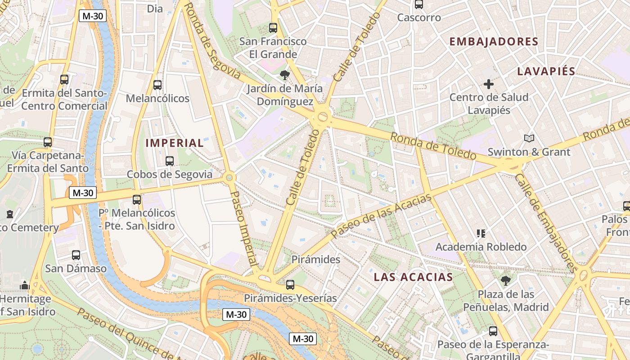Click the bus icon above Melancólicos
click(157, 85)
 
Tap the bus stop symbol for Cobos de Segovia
click(170, 161)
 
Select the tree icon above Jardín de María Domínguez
click(284, 75)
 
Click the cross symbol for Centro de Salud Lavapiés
click(489, 84)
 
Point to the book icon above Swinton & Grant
click(529, 138)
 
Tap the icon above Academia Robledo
click(481, 233)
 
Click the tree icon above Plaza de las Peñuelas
click(506, 281)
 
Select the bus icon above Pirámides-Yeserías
click(290, 284)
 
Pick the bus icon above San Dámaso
click(76, 255)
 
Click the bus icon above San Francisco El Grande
click(273, 27)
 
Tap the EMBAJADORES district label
click(494, 42)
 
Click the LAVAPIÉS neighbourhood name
click(546, 71)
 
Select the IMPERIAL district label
click(175, 144)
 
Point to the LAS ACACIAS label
click(413, 277)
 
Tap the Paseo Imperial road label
click(243, 228)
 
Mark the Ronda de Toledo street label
click(433, 146)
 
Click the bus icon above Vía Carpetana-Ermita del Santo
click(48, 142)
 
